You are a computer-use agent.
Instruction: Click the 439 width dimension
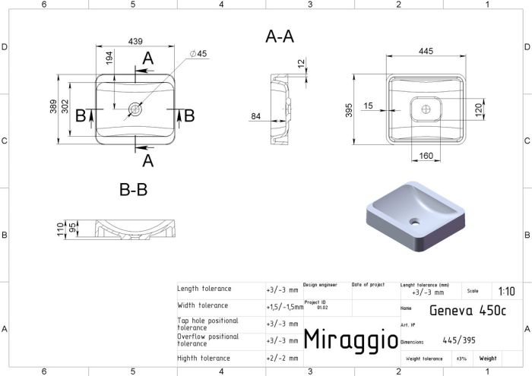tap(136, 40)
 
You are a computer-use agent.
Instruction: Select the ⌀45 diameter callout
tap(198, 53)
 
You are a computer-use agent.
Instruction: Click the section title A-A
tap(280, 36)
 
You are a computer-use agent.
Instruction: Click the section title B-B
tap(134, 190)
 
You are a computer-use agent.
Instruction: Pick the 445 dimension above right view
tap(426, 50)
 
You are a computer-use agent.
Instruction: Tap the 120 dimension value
tap(479, 109)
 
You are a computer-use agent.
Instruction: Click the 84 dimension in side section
tap(255, 116)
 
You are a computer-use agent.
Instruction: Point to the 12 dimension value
tap(301, 63)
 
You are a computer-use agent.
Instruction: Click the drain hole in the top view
tap(135, 109)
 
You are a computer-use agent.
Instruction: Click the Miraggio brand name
tap(350, 339)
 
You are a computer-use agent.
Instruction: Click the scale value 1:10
tap(505, 292)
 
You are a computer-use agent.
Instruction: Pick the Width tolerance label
tap(203, 305)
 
